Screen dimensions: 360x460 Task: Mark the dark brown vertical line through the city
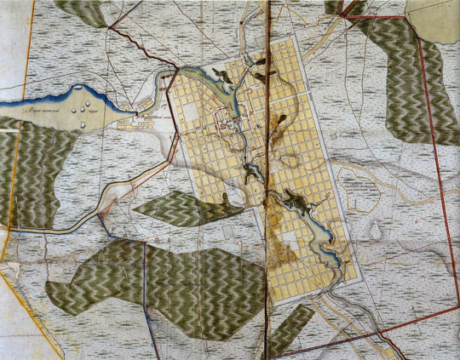(x=268, y=170)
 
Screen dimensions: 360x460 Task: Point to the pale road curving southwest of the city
(x=102, y=204)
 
